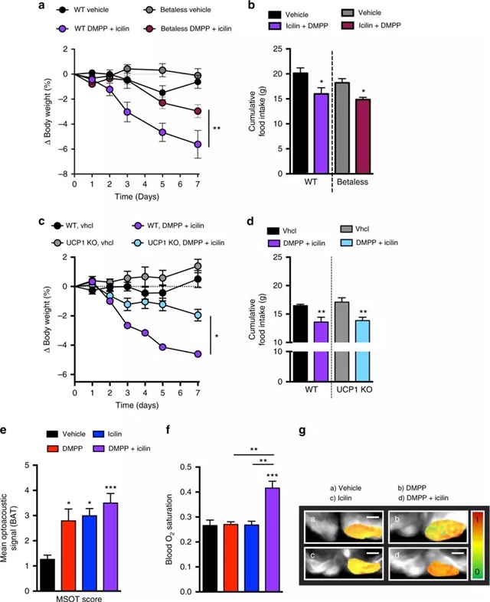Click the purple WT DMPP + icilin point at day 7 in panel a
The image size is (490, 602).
point(198,144)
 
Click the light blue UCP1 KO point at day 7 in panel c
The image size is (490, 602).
point(198,314)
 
